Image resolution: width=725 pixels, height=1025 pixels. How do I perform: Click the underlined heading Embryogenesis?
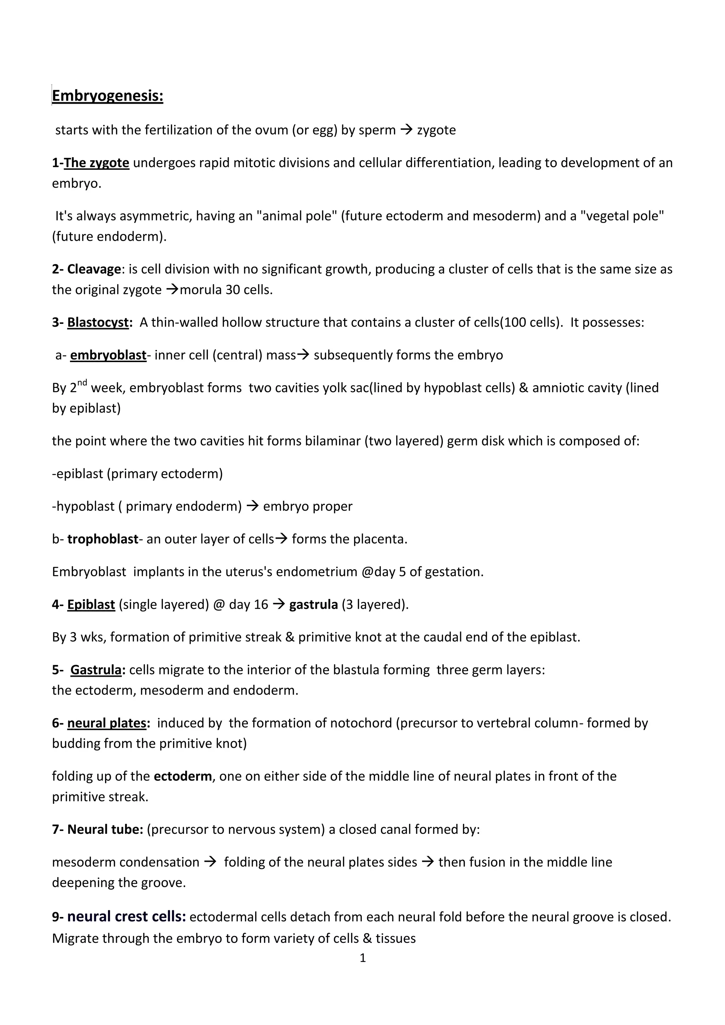(108, 96)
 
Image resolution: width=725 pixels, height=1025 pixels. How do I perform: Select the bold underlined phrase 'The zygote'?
(96, 163)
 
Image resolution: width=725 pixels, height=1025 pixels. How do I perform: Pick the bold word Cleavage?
(94, 269)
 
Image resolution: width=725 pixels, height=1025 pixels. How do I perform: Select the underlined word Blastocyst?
(98, 322)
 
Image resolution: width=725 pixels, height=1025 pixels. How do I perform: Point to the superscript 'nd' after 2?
(82, 383)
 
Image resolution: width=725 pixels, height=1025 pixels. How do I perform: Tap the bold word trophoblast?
(103, 539)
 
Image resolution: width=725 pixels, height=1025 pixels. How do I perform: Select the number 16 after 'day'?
(261, 605)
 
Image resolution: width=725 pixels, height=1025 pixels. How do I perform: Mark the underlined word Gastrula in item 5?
(96, 670)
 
